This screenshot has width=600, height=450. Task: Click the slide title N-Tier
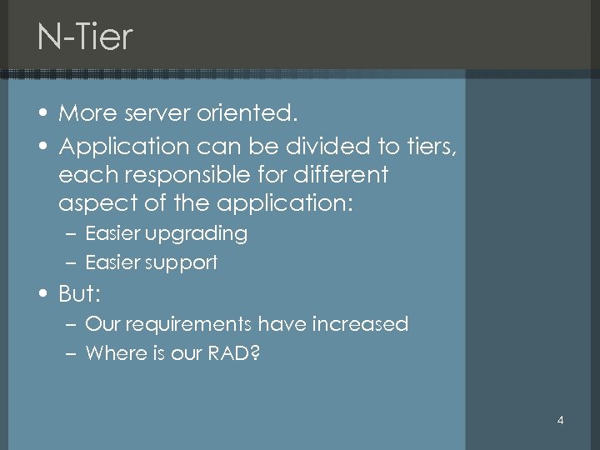[x=84, y=37]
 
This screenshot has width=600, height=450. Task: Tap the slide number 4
[x=560, y=420]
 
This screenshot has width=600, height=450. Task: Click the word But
[x=77, y=294]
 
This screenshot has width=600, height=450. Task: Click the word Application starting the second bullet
[x=124, y=147]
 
